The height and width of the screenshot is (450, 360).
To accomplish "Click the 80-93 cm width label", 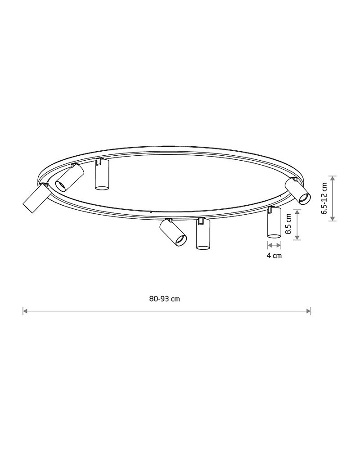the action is pos(165,299).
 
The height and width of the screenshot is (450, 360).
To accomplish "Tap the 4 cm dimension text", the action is pos(274,256).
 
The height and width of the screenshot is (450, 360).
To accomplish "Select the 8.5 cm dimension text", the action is pos(288,224).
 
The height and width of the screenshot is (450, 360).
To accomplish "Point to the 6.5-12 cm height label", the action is pos(324,198).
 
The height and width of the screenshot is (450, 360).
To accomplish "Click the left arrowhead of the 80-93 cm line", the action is pos(25,311).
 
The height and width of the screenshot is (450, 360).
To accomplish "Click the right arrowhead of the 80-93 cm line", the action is pos(309,311).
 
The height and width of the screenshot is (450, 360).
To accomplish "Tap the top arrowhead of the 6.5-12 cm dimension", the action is pos(333,178).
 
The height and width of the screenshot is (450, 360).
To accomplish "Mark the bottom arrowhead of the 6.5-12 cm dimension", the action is pos(333,219).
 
